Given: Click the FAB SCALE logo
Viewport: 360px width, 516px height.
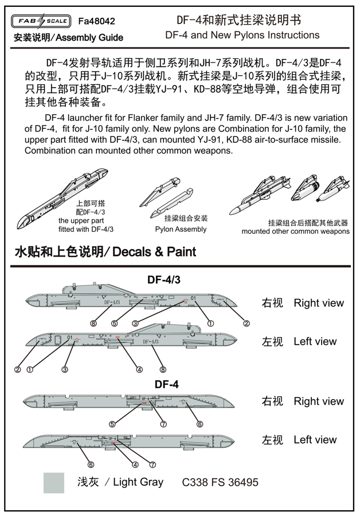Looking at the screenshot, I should (41, 21).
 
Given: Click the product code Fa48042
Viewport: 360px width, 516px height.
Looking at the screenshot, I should (96, 21).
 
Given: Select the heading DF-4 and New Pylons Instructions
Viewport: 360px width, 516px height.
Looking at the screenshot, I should (242, 35).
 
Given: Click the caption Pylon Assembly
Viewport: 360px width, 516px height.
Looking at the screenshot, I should (181, 229).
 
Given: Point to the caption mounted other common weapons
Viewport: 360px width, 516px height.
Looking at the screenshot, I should (295, 231).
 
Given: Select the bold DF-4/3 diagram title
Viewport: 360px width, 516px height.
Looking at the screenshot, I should (164, 280).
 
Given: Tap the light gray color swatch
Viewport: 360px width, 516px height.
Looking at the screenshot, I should (54, 482).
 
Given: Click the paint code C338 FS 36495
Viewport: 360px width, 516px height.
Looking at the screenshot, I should (220, 482).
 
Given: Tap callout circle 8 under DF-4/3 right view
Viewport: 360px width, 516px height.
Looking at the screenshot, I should (93, 324).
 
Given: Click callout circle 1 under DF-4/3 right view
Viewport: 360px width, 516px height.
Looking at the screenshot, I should (210, 324).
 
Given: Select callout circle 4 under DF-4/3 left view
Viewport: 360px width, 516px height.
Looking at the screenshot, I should (139, 369).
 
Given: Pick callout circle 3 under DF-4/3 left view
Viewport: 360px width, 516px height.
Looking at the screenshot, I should (65, 369).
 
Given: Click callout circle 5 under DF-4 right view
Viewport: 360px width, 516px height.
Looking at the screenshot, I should (113, 424).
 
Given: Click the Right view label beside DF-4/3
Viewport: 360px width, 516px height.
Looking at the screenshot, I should (319, 303).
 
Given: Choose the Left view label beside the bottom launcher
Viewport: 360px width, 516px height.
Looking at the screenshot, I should (315, 440).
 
